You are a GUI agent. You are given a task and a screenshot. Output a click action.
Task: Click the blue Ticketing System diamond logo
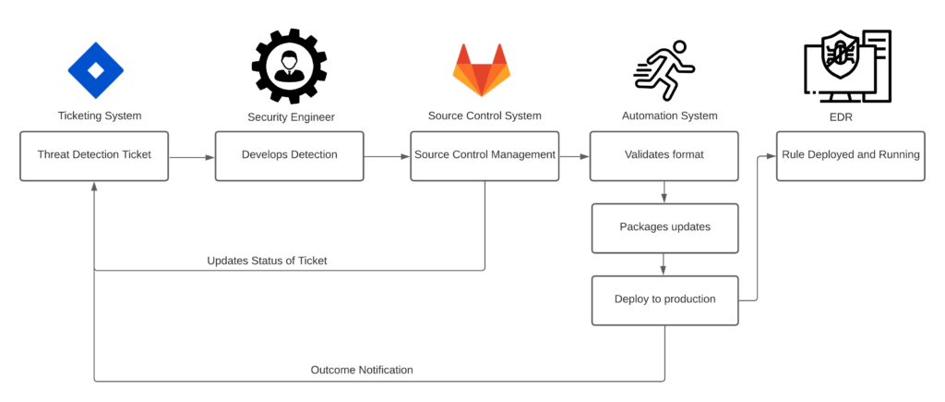point(95,69)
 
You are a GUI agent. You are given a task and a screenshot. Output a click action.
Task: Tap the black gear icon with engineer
point(290,67)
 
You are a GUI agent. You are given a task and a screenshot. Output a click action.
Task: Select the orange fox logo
point(481,70)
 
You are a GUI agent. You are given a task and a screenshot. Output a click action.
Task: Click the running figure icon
point(664,69)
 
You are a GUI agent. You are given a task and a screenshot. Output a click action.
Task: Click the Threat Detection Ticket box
point(95,155)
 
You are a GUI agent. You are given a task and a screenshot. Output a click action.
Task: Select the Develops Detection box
point(290,155)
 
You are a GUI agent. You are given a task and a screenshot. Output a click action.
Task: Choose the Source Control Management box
point(484,155)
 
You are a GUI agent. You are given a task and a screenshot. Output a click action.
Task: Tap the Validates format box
point(664,155)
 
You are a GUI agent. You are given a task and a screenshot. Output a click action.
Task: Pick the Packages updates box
point(664,227)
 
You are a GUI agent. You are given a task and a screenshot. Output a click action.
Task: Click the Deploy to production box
point(664,299)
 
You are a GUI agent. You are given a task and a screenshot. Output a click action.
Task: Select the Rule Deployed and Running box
point(850,155)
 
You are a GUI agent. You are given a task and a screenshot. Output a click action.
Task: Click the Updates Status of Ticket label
point(267,261)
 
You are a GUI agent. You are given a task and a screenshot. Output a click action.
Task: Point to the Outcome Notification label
point(362,370)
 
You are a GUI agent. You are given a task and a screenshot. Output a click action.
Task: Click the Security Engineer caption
point(290,117)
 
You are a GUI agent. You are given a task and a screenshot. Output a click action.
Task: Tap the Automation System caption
point(669,116)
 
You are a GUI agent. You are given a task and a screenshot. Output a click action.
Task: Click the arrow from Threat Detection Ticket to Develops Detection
point(192,157)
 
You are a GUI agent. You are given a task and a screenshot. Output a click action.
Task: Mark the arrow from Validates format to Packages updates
point(664,192)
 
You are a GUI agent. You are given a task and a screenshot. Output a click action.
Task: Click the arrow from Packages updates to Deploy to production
point(664,264)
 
